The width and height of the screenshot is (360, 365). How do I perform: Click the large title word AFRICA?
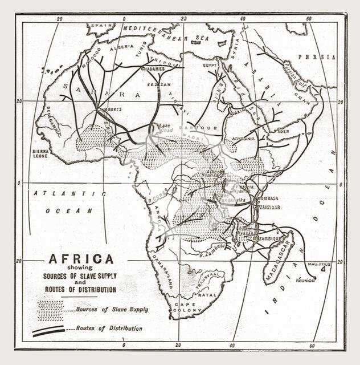pos(81,259)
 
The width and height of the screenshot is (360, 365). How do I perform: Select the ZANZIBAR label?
pos(271,208)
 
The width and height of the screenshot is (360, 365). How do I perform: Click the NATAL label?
pos(206,295)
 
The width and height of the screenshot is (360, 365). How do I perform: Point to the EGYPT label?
pos(210,65)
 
